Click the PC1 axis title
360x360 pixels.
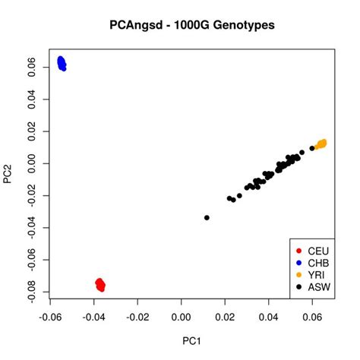[x=190, y=341]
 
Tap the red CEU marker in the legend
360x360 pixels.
[x=299, y=251]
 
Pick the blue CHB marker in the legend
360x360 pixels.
[x=299, y=263]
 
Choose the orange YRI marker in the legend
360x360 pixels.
[x=299, y=275]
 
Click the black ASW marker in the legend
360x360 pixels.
[x=299, y=287]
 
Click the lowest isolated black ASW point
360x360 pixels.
[x=207, y=218]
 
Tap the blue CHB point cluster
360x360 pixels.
[x=62, y=63]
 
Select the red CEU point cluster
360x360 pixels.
[x=100, y=285]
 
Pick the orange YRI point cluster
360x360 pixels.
[x=321, y=144]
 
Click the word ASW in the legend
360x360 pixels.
[x=317, y=287]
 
